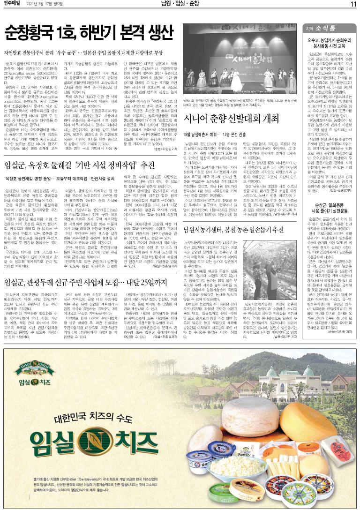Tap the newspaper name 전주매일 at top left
pos(14,5)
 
